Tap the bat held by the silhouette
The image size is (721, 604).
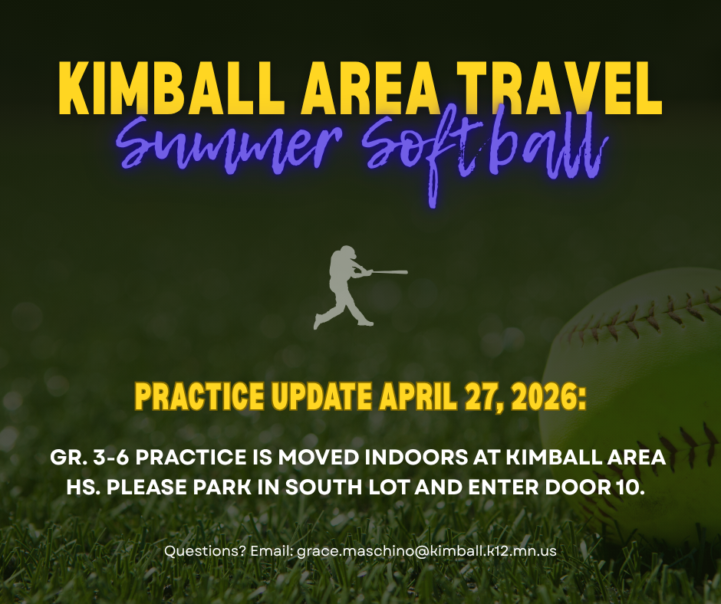point(390,272)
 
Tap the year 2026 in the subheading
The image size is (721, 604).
point(545,397)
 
